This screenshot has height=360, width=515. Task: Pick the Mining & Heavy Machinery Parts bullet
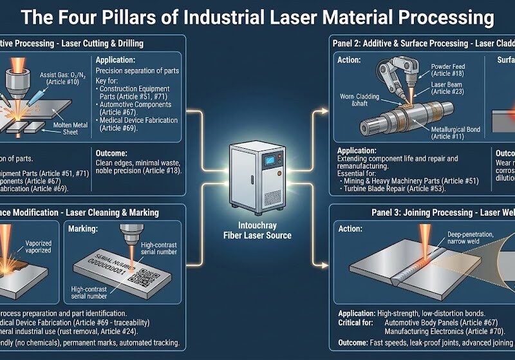pyautogui.click(x=413, y=182)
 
